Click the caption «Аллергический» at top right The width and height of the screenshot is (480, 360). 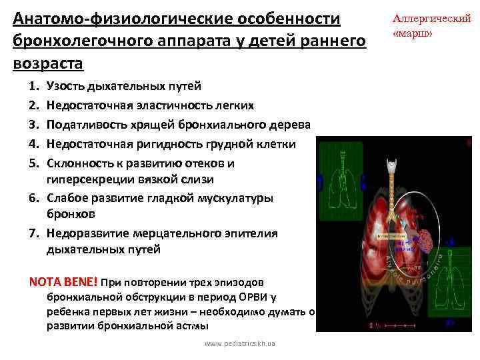pos(431,19)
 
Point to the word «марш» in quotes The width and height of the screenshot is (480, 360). pos(414,33)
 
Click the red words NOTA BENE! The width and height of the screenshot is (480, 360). pos(64,281)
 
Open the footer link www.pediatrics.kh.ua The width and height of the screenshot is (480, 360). pos(241,344)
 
